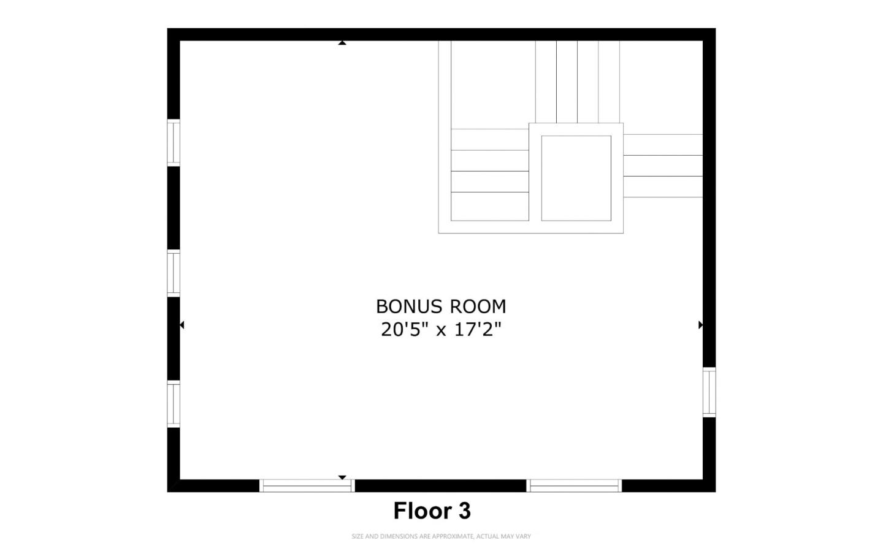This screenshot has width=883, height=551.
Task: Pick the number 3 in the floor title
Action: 465,511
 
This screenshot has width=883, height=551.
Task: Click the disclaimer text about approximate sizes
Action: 441,536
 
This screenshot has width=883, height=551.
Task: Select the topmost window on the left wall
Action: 174,143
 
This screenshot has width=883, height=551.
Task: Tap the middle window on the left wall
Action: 174,273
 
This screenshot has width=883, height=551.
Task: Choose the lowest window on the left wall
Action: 174,404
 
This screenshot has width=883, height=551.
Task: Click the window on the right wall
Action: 709,392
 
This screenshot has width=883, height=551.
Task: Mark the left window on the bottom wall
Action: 307,485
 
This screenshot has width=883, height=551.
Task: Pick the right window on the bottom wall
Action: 575,485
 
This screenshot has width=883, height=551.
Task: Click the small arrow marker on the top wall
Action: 342,43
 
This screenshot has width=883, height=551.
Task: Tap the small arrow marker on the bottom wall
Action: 342,477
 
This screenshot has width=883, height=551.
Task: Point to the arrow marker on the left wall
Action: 182,325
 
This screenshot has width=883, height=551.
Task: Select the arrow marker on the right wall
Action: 701,325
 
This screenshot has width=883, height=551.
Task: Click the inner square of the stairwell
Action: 576,178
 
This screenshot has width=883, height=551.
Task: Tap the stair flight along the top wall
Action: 577,82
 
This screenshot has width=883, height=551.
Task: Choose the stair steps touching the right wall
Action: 663,165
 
